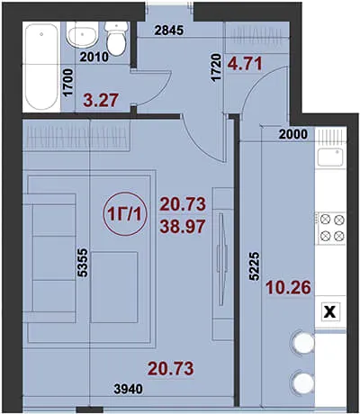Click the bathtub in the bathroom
pyautogui.click(x=41, y=67)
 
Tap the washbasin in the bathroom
pyautogui.click(x=82, y=35)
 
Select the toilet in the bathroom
pyautogui.click(x=116, y=39)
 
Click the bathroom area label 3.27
pyautogui.click(x=101, y=100)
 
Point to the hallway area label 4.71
pyautogui.click(x=245, y=63)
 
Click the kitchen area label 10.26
pyautogui.click(x=288, y=287)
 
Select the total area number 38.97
pyautogui.click(x=183, y=227)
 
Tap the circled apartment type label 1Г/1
pyautogui.click(x=125, y=214)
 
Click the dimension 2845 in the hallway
pyautogui.click(x=169, y=31)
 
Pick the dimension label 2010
pyautogui.click(x=94, y=57)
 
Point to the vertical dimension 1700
pyautogui.click(x=68, y=82)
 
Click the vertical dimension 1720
pyautogui.click(x=216, y=67)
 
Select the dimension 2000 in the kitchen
pyautogui.click(x=293, y=134)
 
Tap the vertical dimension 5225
pyautogui.click(x=254, y=266)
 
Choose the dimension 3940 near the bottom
pyautogui.click(x=129, y=389)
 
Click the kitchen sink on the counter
pyautogui.click(x=330, y=157)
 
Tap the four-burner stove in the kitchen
pyautogui.click(x=331, y=228)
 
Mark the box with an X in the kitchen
pyautogui.click(x=330, y=312)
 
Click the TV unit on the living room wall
pyautogui.click(x=222, y=264)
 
